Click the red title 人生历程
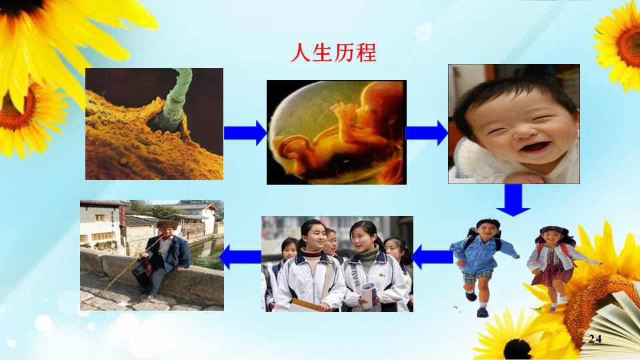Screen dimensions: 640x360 point(333,53)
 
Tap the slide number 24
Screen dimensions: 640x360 point(595,339)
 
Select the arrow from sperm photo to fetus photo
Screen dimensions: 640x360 point(245,133)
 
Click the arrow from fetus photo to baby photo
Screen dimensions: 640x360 point(427,133)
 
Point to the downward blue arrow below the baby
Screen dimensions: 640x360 point(513,199)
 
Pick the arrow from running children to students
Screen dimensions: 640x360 point(432,257)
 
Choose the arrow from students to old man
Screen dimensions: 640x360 point(241,257)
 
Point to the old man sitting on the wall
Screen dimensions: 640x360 point(163,258)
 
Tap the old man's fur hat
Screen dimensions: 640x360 point(167,225)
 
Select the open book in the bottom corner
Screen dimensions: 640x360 point(612,327)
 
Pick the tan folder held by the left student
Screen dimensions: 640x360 point(308,305)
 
